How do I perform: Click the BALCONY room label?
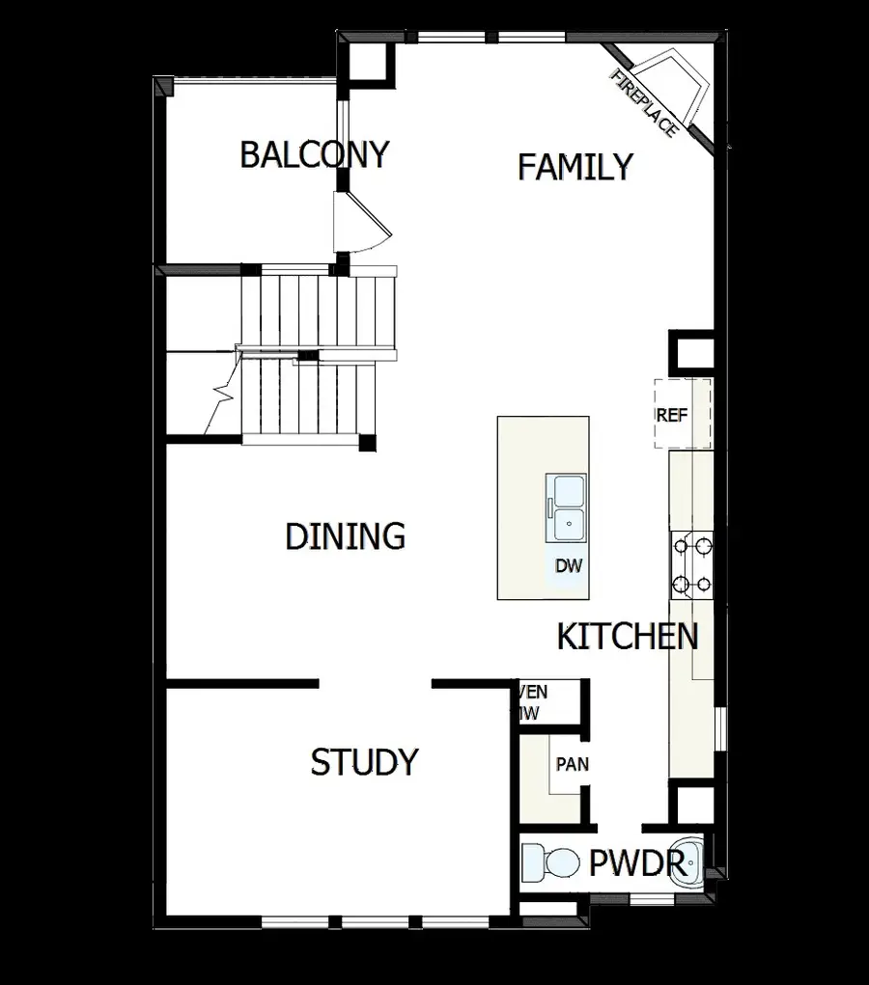click(314, 154)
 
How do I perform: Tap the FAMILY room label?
click(575, 167)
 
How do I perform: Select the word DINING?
click(345, 536)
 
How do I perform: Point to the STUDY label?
click(364, 762)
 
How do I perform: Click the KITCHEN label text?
click(628, 637)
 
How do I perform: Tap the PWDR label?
click(637, 862)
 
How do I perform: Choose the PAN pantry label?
click(572, 764)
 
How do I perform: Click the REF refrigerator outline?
click(683, 414)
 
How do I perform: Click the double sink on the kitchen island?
click(567, 507)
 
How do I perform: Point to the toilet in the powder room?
click(547, 861)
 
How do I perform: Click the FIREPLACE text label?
click(644, 103)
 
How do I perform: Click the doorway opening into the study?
click(375, 684)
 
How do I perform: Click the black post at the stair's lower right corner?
click(366, 443)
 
